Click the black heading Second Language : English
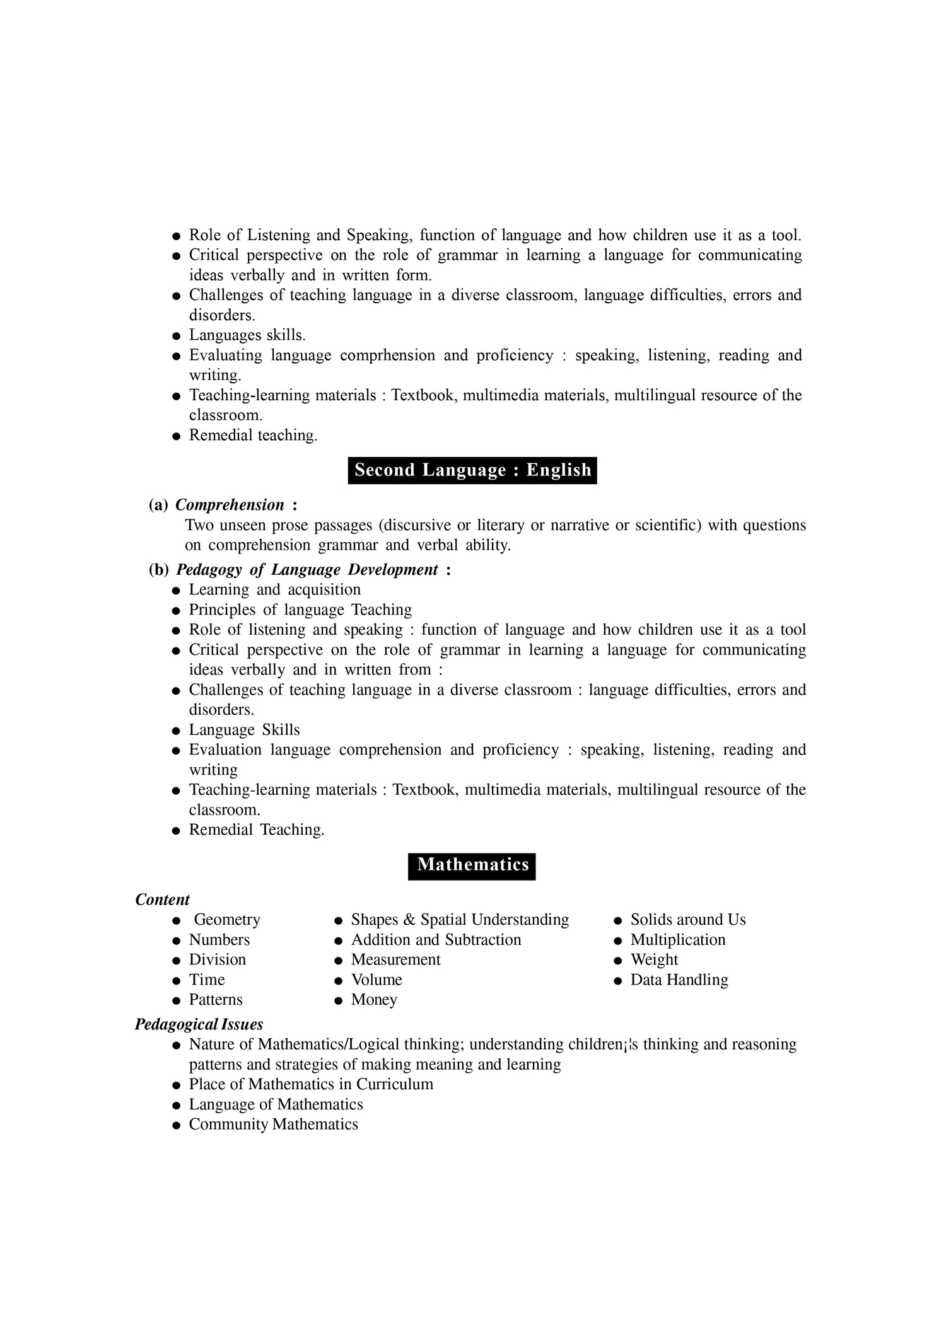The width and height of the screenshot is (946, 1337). [472, 470]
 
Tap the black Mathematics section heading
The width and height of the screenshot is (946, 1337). [472, 864]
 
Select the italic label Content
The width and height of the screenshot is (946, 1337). [163, 900]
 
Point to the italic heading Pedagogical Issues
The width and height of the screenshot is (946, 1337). [199, 1024]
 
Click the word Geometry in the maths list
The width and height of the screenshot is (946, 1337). [227, 920]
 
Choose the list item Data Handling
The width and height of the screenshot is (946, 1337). [679, 980]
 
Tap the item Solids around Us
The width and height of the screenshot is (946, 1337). [688, 920]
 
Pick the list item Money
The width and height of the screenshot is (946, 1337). [374, 1000]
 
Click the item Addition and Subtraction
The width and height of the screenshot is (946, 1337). [436, 940]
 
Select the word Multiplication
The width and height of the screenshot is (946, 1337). [678, 940]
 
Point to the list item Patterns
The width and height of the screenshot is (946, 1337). [216, 1000]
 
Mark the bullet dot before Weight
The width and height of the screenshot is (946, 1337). [618, 961]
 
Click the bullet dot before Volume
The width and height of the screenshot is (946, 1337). [339, 981]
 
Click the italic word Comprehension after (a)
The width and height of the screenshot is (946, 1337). [230, 505]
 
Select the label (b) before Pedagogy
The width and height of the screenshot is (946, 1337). [159, 570]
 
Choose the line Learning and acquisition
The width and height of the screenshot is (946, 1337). [275, 590]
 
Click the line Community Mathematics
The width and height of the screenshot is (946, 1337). [273, 1125]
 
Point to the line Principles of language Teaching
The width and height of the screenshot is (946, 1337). [300, 610]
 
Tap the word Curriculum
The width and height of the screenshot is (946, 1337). [395, 1084]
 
